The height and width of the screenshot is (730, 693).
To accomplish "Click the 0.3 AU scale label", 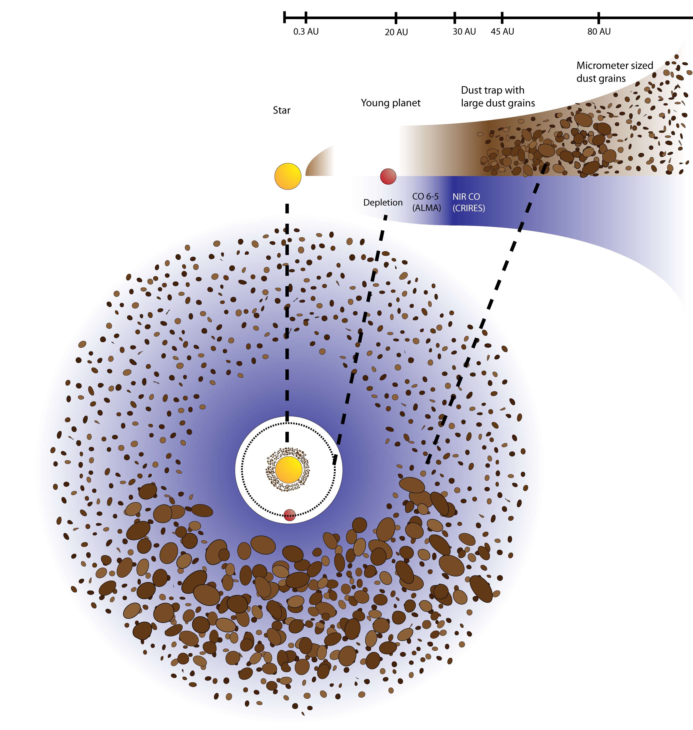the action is (x=306, y=32).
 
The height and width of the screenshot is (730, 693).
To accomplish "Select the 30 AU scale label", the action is (x=464, y=32).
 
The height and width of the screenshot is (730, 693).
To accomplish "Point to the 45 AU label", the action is (x=502, y=32).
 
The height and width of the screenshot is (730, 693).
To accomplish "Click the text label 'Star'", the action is (x=281, y=110).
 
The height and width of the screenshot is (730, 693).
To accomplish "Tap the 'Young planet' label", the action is (x=391, y=103).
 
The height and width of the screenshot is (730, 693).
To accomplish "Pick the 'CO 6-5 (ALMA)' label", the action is (x=427, y=202).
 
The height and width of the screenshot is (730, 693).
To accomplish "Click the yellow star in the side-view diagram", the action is (x=288, y=176).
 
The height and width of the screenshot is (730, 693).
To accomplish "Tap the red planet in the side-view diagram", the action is (x=388, y=176).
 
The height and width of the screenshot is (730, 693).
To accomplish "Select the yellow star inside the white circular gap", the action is (x=289, y=469).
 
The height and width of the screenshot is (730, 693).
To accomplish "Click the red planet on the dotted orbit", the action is (x=290, y=515).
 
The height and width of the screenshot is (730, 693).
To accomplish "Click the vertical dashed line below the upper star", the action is (x=287, y=322).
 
